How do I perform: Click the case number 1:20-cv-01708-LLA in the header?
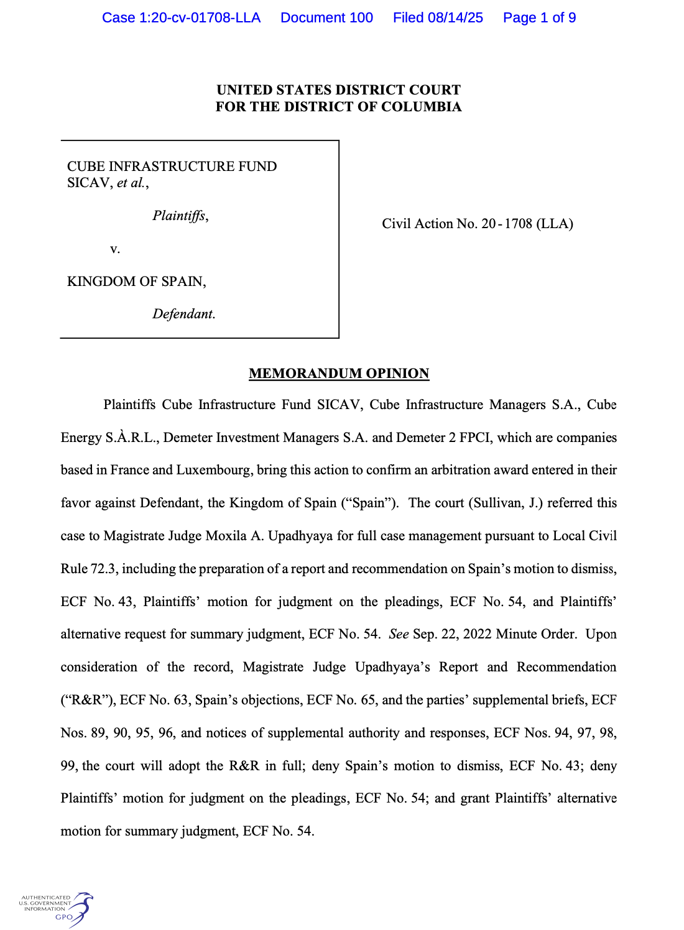[x=181, y=17]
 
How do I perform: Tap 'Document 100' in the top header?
[x=326, y=17]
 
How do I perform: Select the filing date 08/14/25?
[x=455, y=17]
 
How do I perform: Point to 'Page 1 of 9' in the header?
[x=539, y=17]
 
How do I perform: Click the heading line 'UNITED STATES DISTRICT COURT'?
[x=338, y=90]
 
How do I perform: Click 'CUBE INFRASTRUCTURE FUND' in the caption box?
[x=172, y=167]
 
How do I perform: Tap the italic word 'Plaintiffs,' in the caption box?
[x=180, y=216]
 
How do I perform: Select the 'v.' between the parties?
[x=114, y=249]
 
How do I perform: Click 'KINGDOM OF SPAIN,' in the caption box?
[x=136, y=282]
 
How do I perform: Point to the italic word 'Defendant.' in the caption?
[x=184, y=314]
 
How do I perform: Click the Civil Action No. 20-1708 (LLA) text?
[x=477, y=224]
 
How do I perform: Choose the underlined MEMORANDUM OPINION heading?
[x=339, y=374]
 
